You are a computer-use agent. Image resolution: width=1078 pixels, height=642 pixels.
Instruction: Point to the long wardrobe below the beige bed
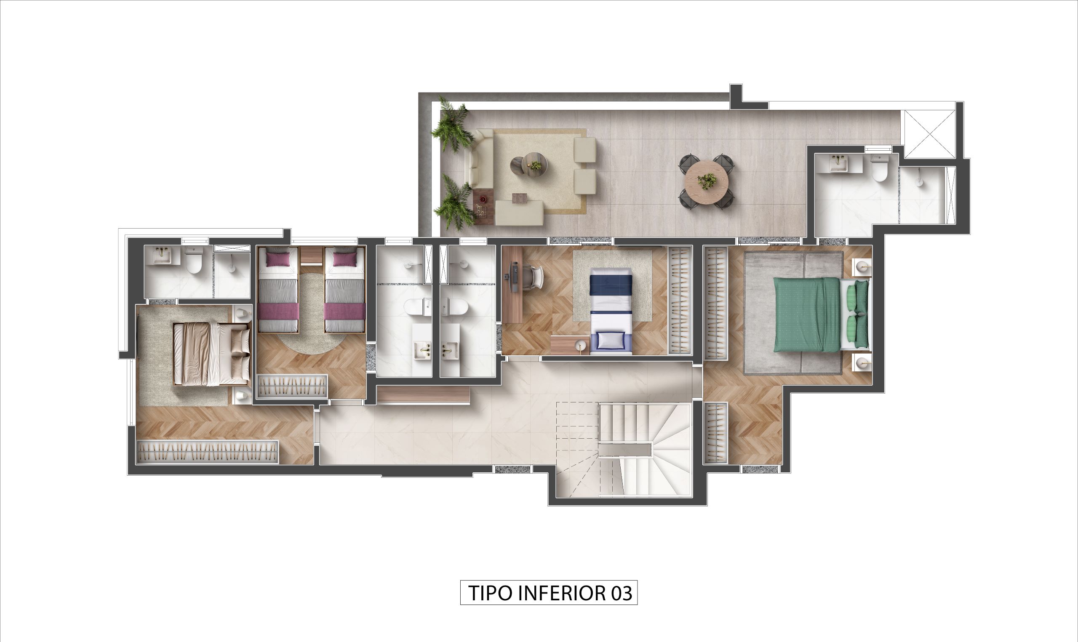(207, 452)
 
